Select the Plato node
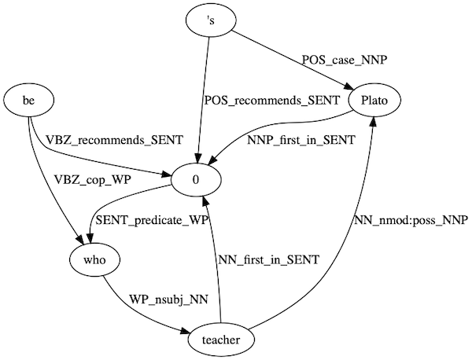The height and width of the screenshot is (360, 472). click(x=383, y=101)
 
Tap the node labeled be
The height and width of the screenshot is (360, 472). click(x=28, y=101)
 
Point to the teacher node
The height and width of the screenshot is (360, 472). click(x=223, y=340)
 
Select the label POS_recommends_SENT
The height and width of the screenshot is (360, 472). click(x=260, y=101)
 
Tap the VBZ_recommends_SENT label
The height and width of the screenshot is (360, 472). click(x=114, y=140)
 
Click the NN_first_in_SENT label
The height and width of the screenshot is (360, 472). click(x=267, y=260)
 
